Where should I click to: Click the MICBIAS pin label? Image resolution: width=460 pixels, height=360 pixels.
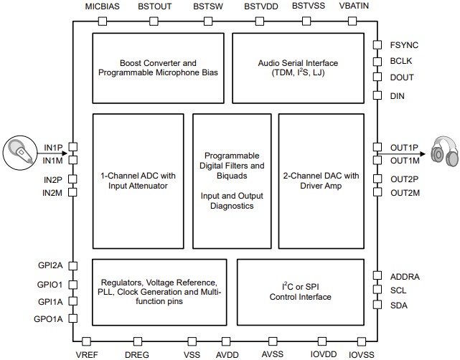(102, 6)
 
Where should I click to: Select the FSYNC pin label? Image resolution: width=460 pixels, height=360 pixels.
(404, 45)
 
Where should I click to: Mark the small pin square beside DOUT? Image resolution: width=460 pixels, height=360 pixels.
(376, 77)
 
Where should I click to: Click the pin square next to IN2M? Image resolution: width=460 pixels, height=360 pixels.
(74, 193)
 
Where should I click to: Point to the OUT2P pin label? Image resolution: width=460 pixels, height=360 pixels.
(404, 180)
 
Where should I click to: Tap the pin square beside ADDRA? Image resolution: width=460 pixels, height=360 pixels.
(376, 276)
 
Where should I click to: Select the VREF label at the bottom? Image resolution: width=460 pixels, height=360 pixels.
(86, 354)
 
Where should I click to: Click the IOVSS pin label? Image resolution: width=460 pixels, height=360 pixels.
(361, 354)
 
